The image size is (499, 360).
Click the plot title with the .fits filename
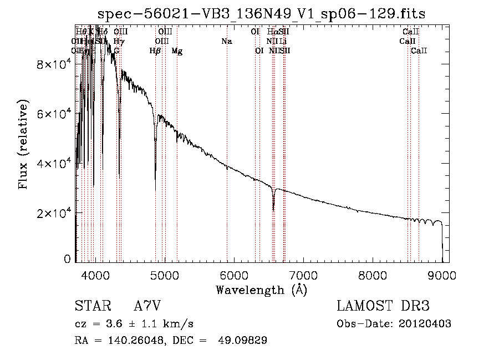tap(261, 14)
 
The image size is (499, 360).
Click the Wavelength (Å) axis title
tap(261, 290)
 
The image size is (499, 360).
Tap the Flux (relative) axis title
tap(24, 145)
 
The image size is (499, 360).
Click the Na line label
tap(226, 42)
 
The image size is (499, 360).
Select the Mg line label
tap(177, 51)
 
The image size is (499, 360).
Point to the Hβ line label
tap(155, 51)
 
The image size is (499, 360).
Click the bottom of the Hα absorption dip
tap(273, 210)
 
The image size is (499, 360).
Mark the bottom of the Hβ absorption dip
tap(155, 189)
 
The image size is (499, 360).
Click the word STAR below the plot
tap(90, 306)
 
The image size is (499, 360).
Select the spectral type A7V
tap(147, 306)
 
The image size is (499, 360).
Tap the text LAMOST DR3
tap(383, 306)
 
